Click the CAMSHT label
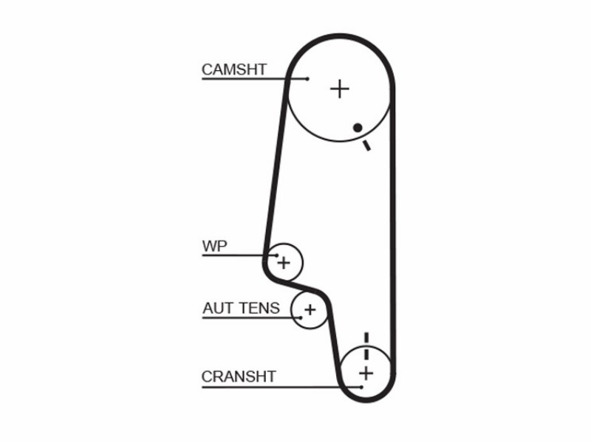[234, 69]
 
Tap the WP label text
[214, 246]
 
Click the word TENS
[259, 308]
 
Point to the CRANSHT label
[239, 377]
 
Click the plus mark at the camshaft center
[340, 89]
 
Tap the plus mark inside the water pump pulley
[284, 263]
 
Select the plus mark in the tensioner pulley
[310, 310]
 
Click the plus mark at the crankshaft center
[366, 374]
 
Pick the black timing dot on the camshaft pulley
[358, 128]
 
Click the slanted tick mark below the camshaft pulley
[366, 145]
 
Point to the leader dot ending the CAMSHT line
[307, 79]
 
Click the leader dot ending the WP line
[277, 255]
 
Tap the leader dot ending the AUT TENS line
[301, 317]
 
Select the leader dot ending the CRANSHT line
[361, 387]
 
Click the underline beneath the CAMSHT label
[254, 79]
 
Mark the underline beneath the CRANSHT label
[281, 387]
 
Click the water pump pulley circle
[303, 262]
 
